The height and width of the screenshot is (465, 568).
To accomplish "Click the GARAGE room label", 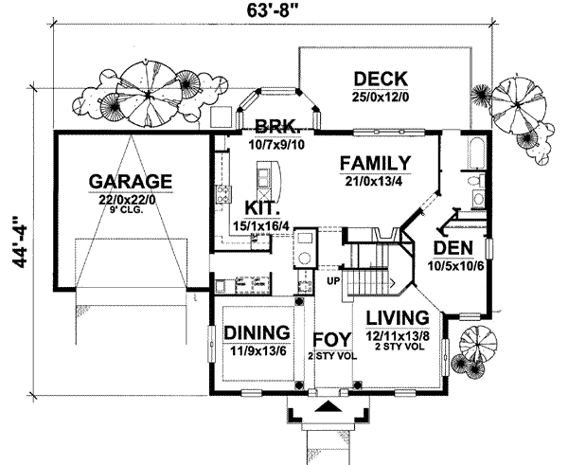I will [131, 181].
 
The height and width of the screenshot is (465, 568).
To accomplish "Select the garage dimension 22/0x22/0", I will [131, 200].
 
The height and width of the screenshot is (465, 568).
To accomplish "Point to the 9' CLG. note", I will [131, 212].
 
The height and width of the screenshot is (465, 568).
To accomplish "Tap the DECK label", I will [379, 78].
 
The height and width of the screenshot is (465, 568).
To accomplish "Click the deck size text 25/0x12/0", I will [379, 96].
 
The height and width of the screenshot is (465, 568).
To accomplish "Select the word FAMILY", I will [376, 162].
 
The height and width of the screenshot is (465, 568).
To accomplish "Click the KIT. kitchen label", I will [259, 206].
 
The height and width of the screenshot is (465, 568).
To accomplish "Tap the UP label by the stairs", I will [332, 281].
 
